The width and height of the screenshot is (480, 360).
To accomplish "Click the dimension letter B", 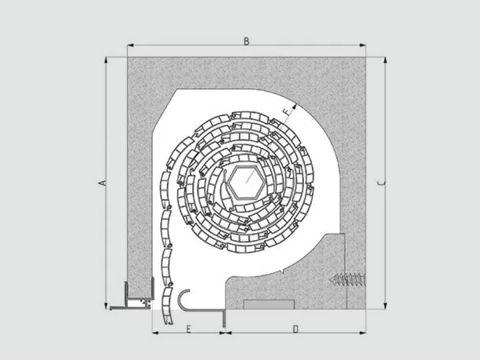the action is tap(246, 41).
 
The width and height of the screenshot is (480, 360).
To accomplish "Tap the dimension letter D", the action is tap(295, 329).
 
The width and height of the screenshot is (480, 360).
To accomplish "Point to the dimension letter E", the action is tap(189, 329).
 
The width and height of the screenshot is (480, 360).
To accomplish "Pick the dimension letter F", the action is tap(287, 112).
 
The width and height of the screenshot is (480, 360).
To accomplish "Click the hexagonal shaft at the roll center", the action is tap(246, 182).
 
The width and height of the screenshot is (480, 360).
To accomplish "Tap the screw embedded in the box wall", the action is tap(347, 279).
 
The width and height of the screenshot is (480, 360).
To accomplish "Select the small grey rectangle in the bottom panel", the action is tap(269, 304).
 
